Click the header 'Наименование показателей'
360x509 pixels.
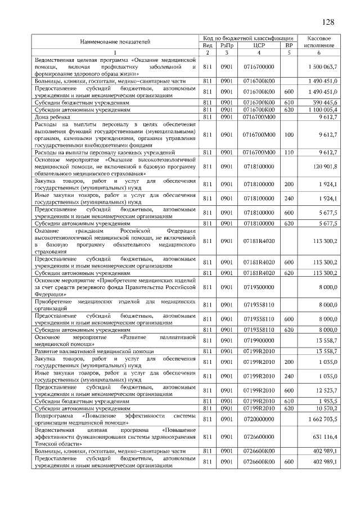tap(115, 42)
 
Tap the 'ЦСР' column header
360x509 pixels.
tap(259, 45)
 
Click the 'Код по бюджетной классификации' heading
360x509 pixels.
tap(248, 38)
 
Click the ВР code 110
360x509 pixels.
tap(289, 152)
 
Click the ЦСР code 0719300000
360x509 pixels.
tap(259, 286)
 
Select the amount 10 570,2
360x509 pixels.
tap(326, 408)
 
